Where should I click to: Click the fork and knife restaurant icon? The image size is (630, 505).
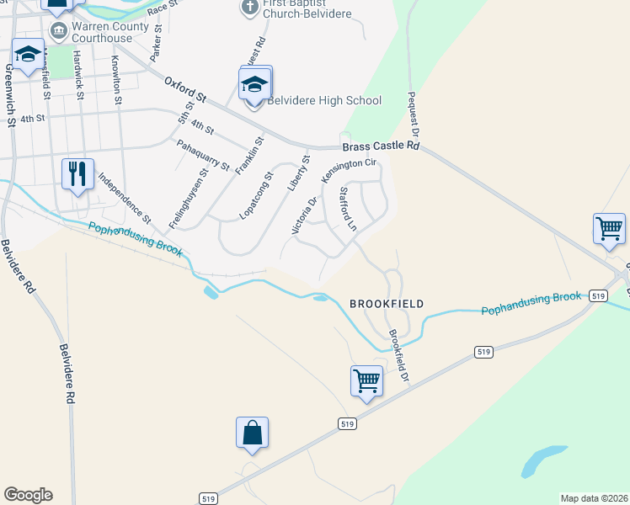point(77,174)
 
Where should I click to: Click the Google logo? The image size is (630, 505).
point(28,495)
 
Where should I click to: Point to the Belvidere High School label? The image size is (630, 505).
point(324,101)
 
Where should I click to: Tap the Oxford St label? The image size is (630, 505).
point(185,88)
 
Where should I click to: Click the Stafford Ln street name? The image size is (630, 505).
point(348,210)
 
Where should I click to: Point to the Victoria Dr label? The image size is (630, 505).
point(303,215)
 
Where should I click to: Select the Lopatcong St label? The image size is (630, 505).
point(256,195)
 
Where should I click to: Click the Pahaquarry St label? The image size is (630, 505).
point(203,155)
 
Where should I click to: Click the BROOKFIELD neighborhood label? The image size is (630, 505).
point(387,303)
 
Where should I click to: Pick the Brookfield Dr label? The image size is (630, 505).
point(398,353)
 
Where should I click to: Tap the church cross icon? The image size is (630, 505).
point(249,8)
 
